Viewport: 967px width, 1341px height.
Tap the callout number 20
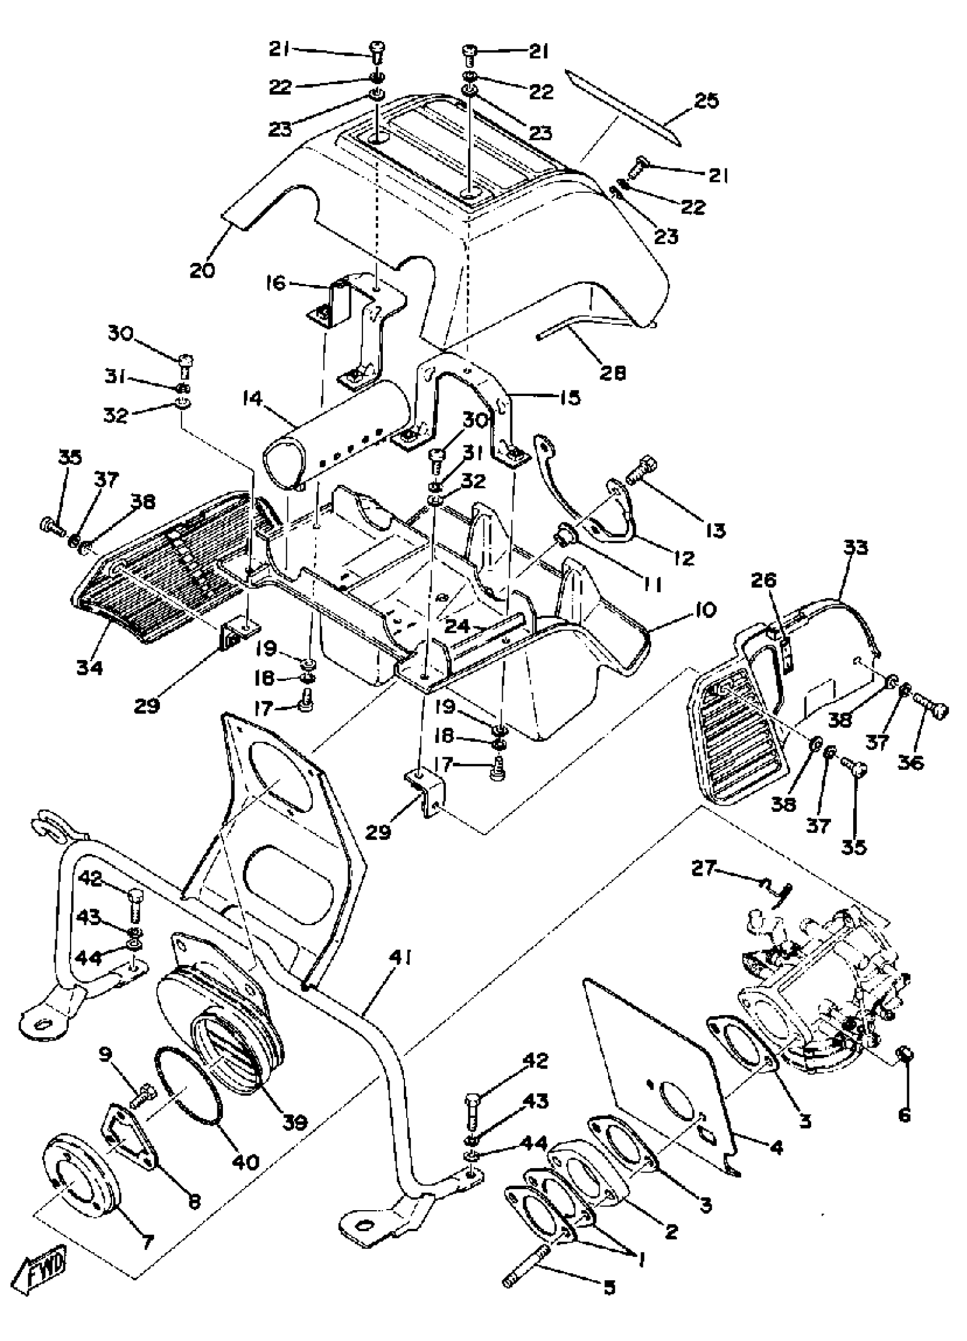(202, 270)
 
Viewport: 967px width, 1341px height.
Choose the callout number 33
(856, 547)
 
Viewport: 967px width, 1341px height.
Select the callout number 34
(89, 667)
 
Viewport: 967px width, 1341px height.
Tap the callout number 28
(611, 373)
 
